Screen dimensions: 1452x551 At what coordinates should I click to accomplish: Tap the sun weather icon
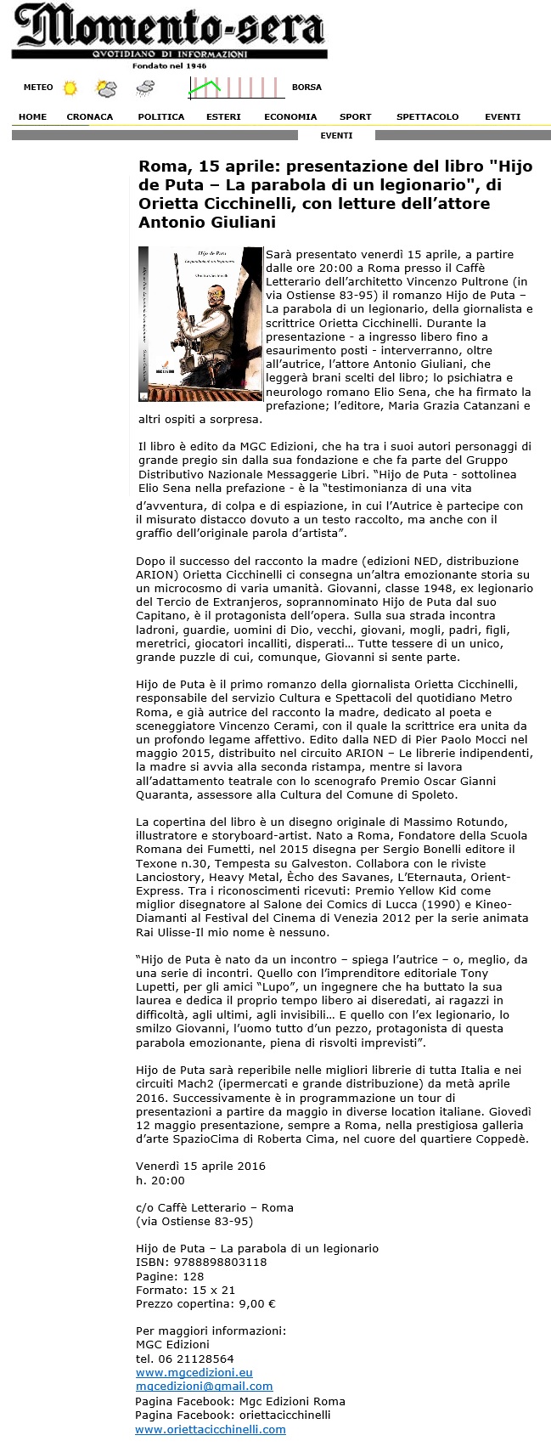click(70, 88)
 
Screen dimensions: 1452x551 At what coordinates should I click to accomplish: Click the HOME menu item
click(32, 117)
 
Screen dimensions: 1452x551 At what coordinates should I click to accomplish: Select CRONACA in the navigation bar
click(89, 117)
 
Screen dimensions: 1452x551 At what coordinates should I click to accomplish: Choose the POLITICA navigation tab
click(160, 117)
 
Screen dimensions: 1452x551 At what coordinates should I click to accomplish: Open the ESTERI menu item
click(223, 117)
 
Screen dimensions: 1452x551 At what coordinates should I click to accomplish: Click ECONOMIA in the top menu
click(290, 117)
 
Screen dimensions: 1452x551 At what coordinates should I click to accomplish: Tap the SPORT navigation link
click(355, 117)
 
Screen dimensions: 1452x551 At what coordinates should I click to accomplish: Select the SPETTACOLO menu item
click(427, 117)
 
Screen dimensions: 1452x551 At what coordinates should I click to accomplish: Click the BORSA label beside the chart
click(306, 88)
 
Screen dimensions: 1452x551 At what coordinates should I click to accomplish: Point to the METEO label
click(38, 88)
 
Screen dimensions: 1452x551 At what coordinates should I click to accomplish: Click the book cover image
click(200, 324)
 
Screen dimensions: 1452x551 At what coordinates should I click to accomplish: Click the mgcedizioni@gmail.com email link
click(204, 1386)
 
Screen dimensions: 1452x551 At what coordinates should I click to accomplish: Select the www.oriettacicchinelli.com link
click(210, 1430)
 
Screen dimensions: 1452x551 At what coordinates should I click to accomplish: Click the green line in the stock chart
click(205, 85)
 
